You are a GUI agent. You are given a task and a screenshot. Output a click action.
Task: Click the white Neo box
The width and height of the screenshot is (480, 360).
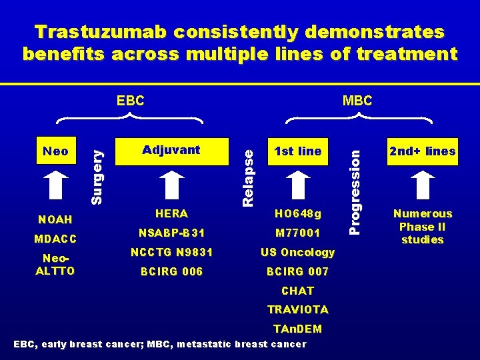pyautogui.click(x=55, y=151)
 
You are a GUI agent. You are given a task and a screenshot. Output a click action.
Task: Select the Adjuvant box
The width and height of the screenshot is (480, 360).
pyautogui.click(x=171, y=151)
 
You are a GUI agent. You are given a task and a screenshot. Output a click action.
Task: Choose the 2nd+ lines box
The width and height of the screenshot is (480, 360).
pyautogui.click(x=423, y=151)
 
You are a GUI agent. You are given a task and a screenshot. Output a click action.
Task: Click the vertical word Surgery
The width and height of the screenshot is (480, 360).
pyautogui.click(x=97, y=176)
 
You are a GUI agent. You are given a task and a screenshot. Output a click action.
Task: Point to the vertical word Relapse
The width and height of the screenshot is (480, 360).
pyautogui.click(x=248, y=177)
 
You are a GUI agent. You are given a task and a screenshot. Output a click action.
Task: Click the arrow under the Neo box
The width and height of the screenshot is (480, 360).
pyautogui.click(x=55, y=187)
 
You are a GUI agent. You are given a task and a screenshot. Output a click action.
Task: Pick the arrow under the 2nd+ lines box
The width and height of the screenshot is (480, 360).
pyautogui.click(x=423, y=186)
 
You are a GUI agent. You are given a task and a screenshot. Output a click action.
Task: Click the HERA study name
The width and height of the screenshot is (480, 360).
pyautogui.click(x=171, y=213)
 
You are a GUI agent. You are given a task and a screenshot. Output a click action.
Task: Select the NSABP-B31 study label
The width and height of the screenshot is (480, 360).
pyautogui.click(x=171, y=233)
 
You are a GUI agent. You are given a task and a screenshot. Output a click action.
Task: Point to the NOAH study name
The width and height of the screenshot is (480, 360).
pyautogui.click(x=55, y=219)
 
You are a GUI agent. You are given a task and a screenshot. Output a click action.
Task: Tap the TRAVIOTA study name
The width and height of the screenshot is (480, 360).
pyautogui.click(x=297, y=309)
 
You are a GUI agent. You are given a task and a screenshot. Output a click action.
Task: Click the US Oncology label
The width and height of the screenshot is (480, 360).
pyautogui.click(x=297, y=252)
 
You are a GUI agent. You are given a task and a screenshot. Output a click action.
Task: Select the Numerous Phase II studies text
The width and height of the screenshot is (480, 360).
pyautogui.click(x=423, y=227)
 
